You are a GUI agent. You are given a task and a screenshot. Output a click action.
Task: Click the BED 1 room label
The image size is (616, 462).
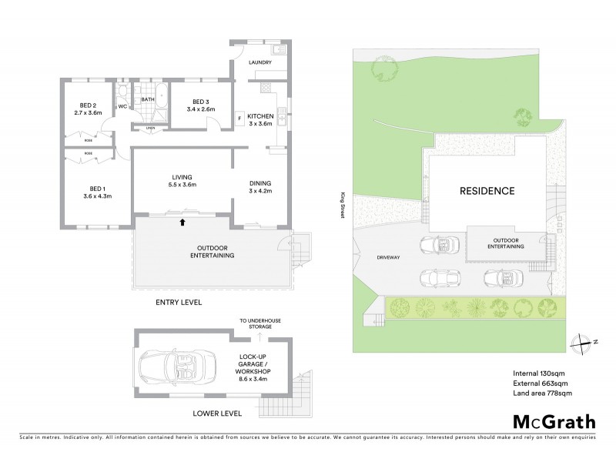click(95, 188)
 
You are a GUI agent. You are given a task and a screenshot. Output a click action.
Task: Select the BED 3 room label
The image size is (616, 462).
click(200, 102)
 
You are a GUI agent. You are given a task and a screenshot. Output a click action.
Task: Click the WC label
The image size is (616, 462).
click(122, 106)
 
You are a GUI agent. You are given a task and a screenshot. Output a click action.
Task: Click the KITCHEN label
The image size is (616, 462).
click(261, 116)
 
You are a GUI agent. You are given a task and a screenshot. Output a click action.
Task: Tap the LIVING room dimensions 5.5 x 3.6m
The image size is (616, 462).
click(182, 185)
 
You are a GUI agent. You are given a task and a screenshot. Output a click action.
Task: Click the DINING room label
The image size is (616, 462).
click(260, 183)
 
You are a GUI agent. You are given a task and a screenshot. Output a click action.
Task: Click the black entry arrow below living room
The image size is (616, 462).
click(182, 223)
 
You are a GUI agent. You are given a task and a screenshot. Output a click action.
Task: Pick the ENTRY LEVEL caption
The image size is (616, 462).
click(179, 303)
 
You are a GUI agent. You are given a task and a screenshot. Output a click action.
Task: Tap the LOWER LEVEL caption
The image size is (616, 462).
click(217, 413)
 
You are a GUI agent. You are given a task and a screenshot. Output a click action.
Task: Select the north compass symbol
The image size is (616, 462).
click(586, 343)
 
